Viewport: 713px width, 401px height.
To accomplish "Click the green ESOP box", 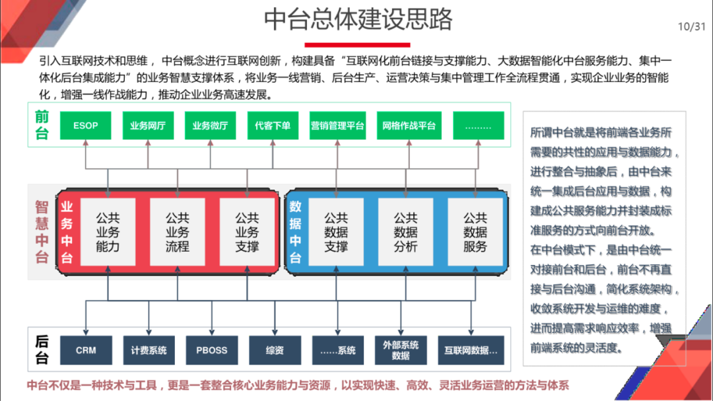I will click(x=86, y=126).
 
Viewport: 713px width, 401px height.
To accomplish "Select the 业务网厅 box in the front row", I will click(x=148, y=126).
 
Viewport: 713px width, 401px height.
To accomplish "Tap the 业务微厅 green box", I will click(x=211, y=126).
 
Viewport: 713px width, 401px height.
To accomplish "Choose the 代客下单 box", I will click(x=273, y=126).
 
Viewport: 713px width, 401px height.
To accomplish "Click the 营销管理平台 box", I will click(x=337, y=126).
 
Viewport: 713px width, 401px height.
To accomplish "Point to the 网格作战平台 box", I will click(x=409, y=126).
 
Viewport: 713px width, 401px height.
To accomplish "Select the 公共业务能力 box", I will click(x=108, y=232).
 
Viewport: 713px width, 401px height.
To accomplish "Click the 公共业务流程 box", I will click(x=177, y=232).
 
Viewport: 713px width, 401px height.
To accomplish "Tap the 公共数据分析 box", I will click(x=405, y=232).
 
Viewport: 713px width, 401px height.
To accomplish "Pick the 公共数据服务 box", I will click(x=475, y=232).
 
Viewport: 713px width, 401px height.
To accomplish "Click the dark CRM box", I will click(x=86, y=350).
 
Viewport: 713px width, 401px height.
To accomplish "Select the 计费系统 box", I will click(x=149, y=350).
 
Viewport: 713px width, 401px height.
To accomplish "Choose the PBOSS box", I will click(x=211, y=350).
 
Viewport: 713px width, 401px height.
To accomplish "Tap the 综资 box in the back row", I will click(x=275, y=350).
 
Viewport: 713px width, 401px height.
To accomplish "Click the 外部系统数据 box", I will click(x=401, y=350).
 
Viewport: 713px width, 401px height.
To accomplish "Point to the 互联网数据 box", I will click(x=471, y=350).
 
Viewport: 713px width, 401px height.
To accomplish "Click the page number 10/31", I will click(x=691, y=26).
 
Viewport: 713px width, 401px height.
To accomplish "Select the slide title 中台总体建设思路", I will click(x=358, y=19).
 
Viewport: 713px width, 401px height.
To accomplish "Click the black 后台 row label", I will click(x=42, y=350).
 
